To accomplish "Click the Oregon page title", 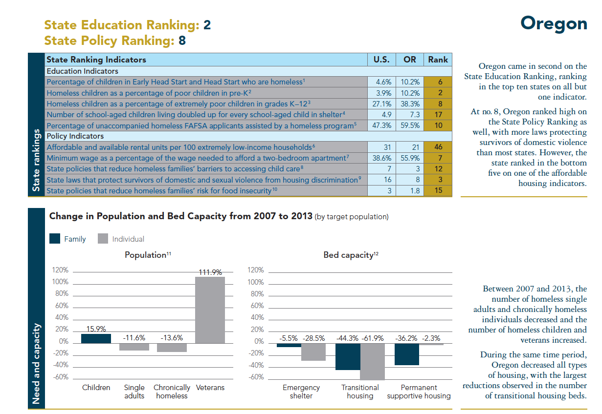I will pyautogui.click(x=554, y=23).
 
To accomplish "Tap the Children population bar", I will pyautogui.click(x=96, y=338).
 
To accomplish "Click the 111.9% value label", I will pyautogui.click(x=210, y=272).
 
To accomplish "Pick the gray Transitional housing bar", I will pyautogui.click(x=372, y=361).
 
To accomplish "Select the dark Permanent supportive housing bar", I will pyautogui.click(x=407, y=354).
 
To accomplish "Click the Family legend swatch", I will pyautogui.click(x=54, y=239).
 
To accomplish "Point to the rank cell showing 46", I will pyautogui.click(x=438, y=147).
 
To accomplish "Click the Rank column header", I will pyautogui.click(x=438, y=60).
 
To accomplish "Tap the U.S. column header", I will pyautogui.click(x=381, y=60).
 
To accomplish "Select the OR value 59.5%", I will pyautogui.click(x=410, y=125).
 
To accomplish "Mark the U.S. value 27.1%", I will pyautogui.click(x=381, y=103).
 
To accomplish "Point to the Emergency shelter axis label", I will pyautogui.click(x=301, y=392).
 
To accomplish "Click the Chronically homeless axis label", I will pyautogui.click(x=172, y=392).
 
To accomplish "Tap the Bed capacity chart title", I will pyautogui.click(x=351, y=255).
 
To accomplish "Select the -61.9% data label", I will pyautogui.click(x=373, y=338).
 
